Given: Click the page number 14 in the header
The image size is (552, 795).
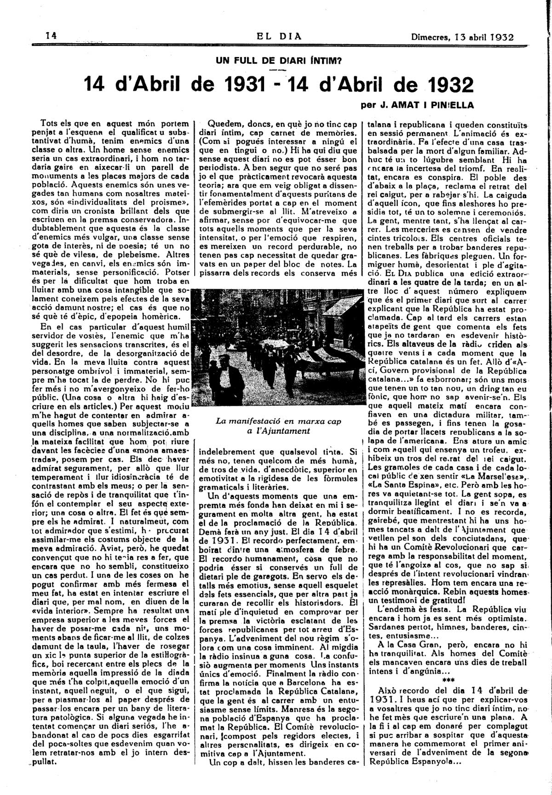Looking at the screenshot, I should click(51, 36).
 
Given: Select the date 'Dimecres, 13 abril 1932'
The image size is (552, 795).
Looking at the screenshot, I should click(462, 37).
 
